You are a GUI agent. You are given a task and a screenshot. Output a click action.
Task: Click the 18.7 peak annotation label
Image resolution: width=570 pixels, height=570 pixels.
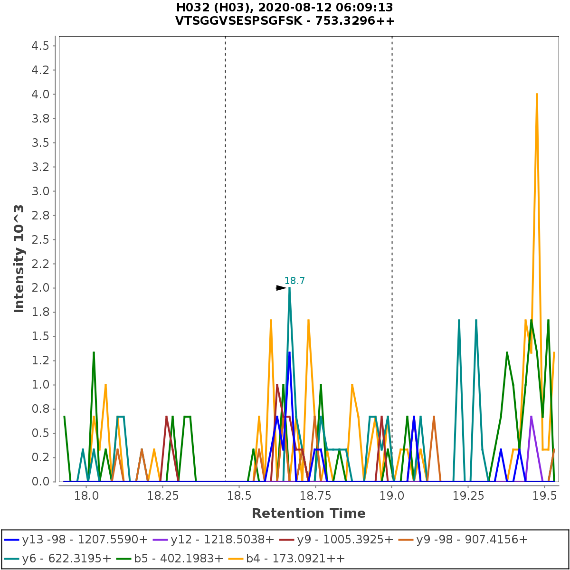tap(294, 281)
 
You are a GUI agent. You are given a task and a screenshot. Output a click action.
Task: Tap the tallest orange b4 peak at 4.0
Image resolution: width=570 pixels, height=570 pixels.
tap(537, 94)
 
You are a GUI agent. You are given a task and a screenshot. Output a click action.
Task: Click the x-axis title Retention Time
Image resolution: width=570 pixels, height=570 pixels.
tap(308, 513)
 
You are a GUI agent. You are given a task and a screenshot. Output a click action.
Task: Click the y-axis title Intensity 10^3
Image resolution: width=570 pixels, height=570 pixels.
tap(19, 259)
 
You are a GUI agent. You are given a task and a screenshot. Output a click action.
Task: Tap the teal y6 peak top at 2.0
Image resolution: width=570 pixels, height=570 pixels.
tap(289, 288)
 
